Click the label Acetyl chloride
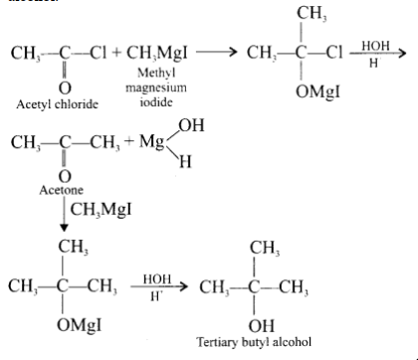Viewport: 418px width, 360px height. point(57,104)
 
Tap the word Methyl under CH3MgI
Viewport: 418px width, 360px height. point(156,73)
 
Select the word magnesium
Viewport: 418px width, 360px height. point(156,88)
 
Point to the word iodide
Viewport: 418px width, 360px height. point(156,101)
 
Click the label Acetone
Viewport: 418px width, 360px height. point(61,190)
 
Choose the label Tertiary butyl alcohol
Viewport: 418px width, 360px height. point(254,342)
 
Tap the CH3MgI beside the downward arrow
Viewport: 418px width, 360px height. point(101,210)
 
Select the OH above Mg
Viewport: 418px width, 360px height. point(191,125)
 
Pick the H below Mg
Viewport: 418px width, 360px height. point(185,162)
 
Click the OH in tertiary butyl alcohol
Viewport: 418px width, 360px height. point(262,325)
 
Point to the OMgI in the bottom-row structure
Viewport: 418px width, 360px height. point(79,324)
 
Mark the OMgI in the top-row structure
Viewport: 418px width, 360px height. point(317,91)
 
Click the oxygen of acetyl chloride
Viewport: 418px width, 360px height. point(65,89)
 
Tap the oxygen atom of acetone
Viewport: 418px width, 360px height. point(65,177)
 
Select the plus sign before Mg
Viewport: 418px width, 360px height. point(129,141)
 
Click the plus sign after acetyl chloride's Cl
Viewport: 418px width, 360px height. point(116,53)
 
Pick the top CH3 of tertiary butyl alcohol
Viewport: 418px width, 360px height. point(265,248)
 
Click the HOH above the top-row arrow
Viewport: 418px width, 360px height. point(375,46)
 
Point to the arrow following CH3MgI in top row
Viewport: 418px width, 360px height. point(217,52)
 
